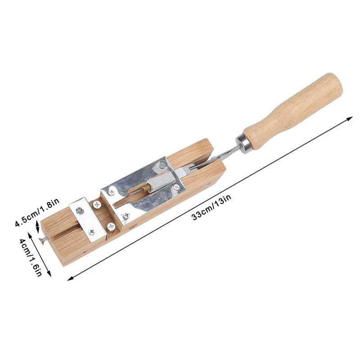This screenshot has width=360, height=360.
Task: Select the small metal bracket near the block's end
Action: (88, 219)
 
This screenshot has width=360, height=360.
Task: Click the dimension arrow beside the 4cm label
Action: (40, 254)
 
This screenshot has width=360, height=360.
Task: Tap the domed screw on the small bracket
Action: (80, 210)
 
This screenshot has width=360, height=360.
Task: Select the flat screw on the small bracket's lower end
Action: (92, 232)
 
